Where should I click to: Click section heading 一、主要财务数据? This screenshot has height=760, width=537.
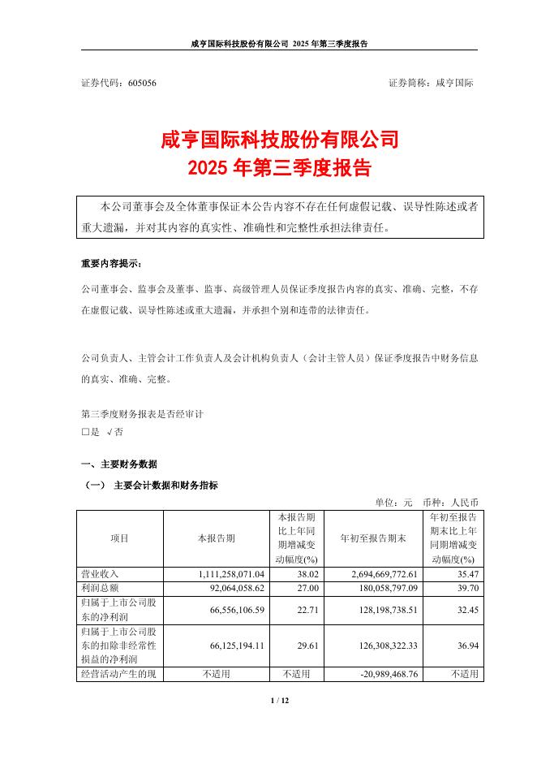[x=119, y=464]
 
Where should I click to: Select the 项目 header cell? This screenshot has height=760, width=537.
[x=119, y=538]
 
